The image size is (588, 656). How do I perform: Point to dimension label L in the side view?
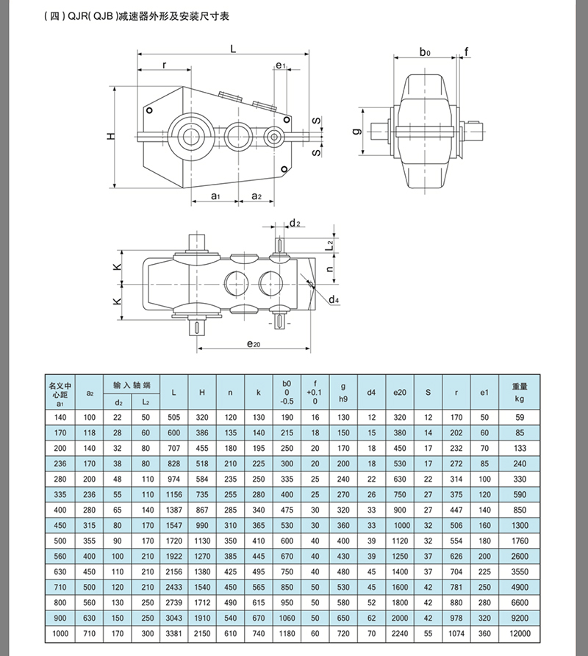coord(233,48)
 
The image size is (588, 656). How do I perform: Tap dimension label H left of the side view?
coord(110,136)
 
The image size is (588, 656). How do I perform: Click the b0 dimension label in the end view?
coord(425,51)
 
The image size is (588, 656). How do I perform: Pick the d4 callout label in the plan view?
coord(334,300)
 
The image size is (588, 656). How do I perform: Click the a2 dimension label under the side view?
coord(257,196)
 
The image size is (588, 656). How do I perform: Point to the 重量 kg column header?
coord(520,389)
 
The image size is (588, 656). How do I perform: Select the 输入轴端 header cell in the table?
coord(132,385)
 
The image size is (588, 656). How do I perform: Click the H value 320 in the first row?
coord(202,417)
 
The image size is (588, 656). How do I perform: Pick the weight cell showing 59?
coord(520,417)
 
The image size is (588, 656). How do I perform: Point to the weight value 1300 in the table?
coord(520,526)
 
